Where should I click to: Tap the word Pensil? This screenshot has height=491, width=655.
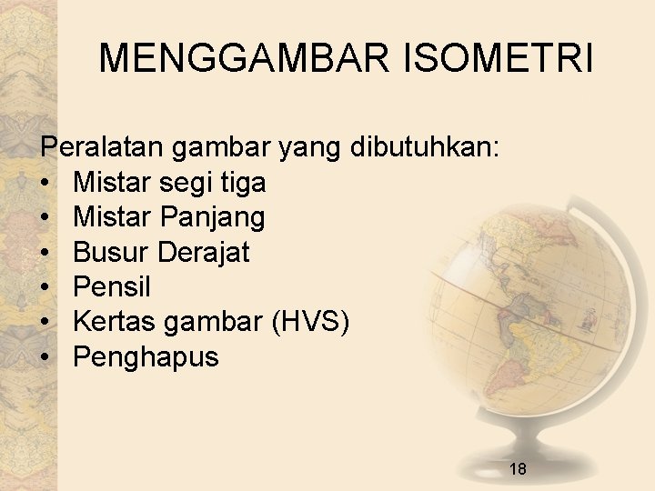point(112,287)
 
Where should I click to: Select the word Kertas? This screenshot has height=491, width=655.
point(115,322)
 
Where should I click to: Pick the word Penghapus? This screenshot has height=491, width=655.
point(146,357)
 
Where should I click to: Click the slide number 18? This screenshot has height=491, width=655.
point(518,469)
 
